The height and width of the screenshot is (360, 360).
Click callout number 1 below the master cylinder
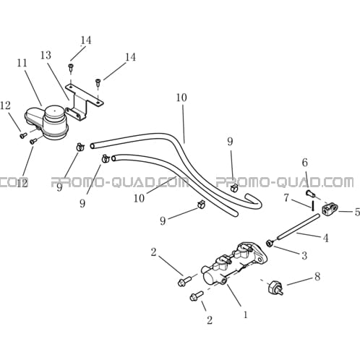pos(245,314)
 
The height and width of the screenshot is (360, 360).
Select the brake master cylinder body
pos(234,263)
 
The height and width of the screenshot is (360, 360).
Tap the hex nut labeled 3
pos(269,244)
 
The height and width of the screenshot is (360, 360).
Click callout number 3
pos(304,255)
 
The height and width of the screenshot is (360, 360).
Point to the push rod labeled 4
pos(298,227)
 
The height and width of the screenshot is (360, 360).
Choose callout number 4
pos(325,238)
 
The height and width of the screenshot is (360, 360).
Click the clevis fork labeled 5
pos(330,208)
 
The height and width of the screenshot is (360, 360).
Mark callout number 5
pos(357,212)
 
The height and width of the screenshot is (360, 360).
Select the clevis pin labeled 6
pos(310,194)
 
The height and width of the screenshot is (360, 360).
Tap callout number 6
pos(305,163)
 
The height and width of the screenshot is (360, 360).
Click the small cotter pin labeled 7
pos(312,206)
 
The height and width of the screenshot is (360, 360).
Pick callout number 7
pos(286,198)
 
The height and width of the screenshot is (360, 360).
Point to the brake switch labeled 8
pos(275,287)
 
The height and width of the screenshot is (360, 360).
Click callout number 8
pos(317,277)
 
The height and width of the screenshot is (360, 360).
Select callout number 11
pos(22,63)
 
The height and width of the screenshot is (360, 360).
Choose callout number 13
pos(46,56)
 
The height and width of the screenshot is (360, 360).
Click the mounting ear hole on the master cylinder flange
pos(260,260)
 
